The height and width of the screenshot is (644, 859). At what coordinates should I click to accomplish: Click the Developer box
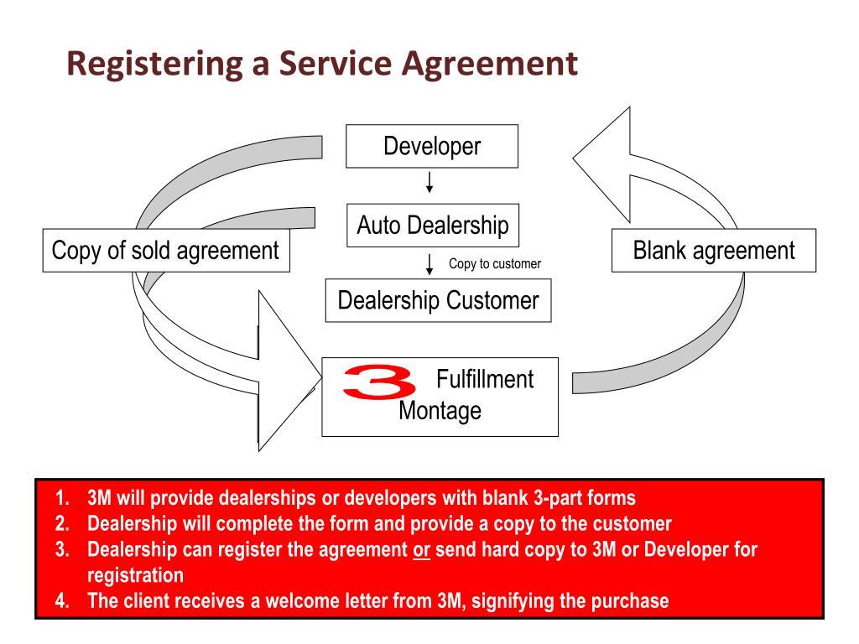pos(432,147)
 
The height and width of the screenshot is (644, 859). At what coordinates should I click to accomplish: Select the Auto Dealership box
pos(432,225)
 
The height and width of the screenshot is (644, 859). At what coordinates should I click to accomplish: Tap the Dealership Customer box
pos(438,300)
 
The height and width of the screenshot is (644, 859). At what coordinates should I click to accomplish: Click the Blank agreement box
pos(713,250)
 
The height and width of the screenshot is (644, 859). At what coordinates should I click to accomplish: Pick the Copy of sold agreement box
pos(165,250)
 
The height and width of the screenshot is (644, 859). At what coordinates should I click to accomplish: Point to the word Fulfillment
pos(485,379)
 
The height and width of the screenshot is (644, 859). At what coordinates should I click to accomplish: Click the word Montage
pos(440,412)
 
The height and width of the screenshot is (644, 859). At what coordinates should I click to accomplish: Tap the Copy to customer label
pos(495,264)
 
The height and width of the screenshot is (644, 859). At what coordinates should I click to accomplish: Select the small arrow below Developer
pos(429,183)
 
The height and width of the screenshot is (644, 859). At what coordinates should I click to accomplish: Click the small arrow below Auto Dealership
pos(429,264)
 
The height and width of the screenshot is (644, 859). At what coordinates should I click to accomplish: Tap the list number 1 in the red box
pos(60,498)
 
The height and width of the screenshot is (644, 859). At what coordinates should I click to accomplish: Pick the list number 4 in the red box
pos(60,602)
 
